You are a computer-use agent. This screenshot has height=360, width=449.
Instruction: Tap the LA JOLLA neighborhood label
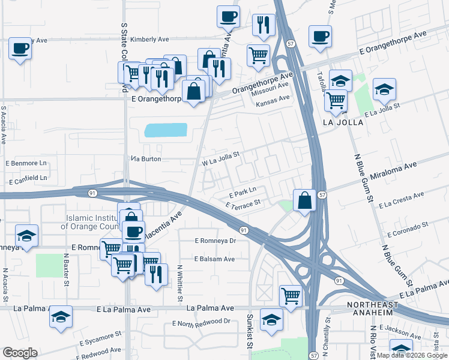tap(343, 122)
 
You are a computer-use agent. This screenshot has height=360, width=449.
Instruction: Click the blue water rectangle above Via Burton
tap(165, 130)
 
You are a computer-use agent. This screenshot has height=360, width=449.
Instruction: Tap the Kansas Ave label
tap(273, 103)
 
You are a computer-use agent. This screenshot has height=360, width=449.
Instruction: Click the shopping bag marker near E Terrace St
tap(305, 200)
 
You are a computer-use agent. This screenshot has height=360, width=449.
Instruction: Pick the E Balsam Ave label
tap(214, 259)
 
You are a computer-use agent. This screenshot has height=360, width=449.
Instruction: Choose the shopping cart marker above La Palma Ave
tap(291, 296)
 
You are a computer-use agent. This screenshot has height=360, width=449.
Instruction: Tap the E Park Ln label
tap(243, 193)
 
